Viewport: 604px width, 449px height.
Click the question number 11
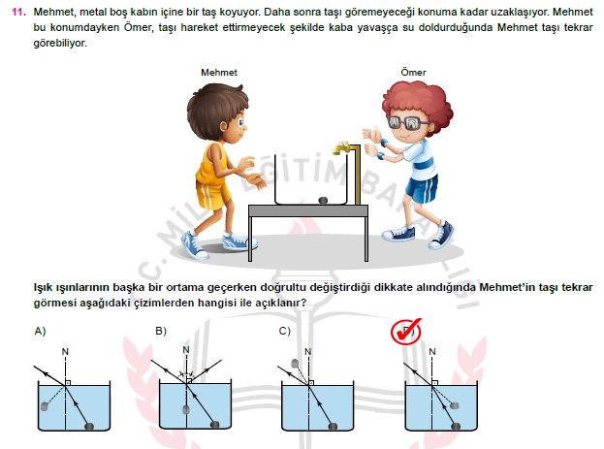click(18, 12)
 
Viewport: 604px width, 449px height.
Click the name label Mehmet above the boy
click(219, 73)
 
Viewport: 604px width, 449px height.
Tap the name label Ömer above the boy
click(413, 72)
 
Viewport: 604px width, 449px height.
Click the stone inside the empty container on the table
click(323, 200)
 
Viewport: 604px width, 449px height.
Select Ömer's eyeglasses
click(406, 123)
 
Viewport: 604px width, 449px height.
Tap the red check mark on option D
click(406, 331)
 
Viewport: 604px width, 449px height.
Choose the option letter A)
click(40, 331)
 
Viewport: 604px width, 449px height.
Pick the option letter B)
click(161, 331)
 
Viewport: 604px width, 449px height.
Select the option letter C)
click(284, 331)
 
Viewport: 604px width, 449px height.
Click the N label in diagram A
click(65, 351)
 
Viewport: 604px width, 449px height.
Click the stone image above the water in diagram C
click(295, 363)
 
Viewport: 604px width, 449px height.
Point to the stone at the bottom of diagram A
click(89, 426)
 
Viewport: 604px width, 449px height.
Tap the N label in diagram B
click(186, 349)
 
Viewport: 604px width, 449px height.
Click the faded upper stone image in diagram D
click(455, 405)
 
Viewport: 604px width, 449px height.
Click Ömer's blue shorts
click(422, 188)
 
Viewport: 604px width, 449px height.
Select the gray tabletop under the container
click(308, 210)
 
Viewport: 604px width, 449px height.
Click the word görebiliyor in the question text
click(60, 44)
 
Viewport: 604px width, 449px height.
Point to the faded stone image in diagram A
click(45, 405)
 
